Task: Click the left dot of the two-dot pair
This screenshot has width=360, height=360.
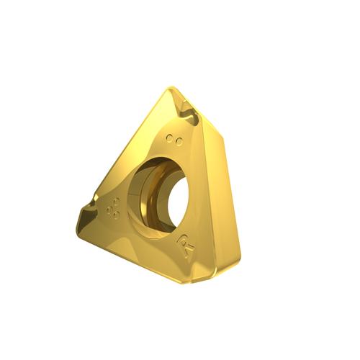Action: click(x=170, y=138)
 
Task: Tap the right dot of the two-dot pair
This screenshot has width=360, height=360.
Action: click(x=179, y=142)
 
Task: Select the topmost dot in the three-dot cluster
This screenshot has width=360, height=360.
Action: click(x=117, y=201)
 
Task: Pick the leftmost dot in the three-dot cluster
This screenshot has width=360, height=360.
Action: click(x=109, y=210)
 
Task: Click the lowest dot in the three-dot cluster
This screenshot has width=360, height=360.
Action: click(x=117, y=215)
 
